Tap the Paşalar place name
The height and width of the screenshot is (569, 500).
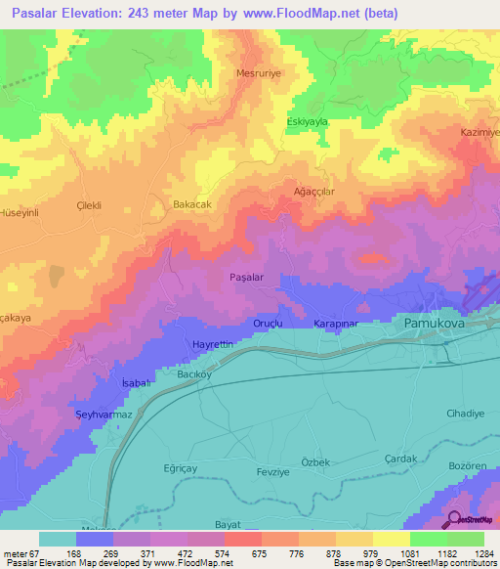click(247, 278)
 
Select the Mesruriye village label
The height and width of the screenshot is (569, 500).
click(259, 73)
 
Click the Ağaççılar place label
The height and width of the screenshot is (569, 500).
click(314, 192)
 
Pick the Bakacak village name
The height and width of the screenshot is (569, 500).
click(192, 203)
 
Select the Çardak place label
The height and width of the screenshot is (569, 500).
click(400, 459)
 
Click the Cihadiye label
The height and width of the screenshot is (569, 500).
click(465, 414)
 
